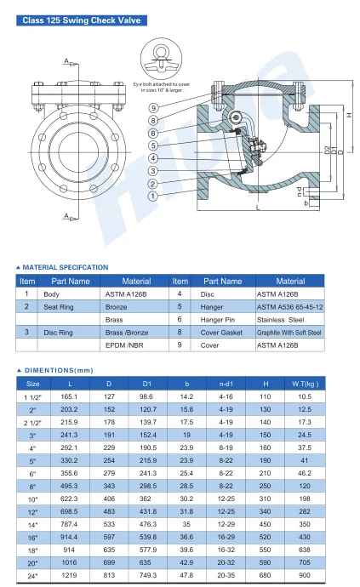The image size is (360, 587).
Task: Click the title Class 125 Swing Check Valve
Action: (81, 20)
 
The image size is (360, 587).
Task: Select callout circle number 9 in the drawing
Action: (152, 107)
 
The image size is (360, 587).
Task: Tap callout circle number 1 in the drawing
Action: (152, 195)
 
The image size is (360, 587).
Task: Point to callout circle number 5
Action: (152, 145)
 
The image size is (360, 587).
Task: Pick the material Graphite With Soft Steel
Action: (289, 333)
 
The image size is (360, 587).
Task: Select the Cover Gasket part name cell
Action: (223, 333)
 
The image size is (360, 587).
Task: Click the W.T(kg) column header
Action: (304, 384)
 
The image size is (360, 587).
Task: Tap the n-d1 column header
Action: (226, 384)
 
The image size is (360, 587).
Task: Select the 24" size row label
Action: (33, 575)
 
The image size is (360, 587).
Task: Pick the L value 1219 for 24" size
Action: (70, 575)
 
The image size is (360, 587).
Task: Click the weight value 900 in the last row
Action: (304, 575)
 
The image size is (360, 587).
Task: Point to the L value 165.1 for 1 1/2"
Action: (70, 396)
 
